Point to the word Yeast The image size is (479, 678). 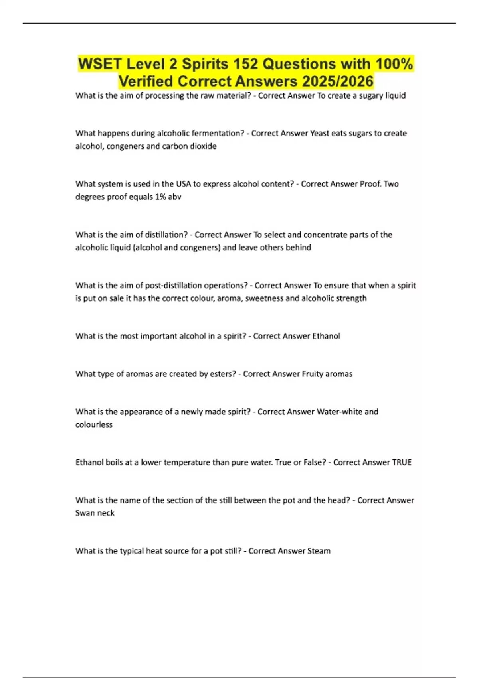coord(320,133)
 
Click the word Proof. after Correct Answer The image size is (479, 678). coord(371,184)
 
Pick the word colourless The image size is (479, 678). coord(94,424)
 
